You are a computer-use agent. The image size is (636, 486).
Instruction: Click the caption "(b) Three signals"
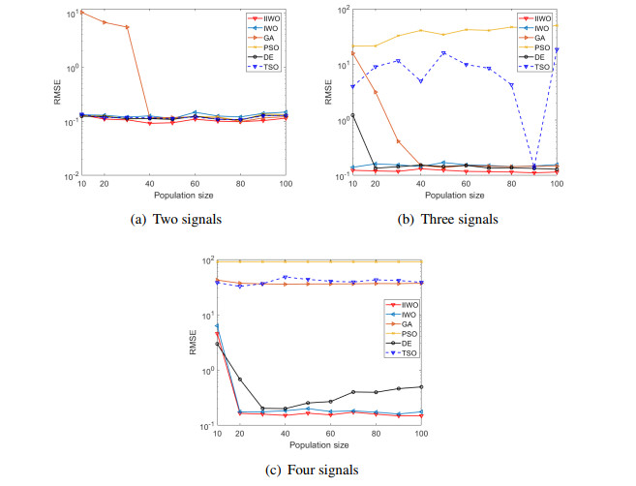pos(453,219)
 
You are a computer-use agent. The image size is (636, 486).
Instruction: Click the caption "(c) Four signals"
pos(318,470)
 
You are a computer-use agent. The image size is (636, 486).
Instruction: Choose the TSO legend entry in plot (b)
pos(540,67)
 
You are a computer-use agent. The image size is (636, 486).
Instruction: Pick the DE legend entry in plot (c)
pos(398,343)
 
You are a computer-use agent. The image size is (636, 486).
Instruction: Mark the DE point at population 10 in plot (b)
pos(353,115)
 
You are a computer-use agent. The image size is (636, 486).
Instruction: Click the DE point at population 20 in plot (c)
pos(239,380)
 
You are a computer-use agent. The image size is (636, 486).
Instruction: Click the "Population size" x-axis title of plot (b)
pos(455,197)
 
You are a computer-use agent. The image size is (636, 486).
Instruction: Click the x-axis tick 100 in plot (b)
pos(558,184)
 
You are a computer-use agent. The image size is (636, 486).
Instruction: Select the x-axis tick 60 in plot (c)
pos(330,435)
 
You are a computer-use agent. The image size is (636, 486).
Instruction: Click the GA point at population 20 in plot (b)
pos(376,92)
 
